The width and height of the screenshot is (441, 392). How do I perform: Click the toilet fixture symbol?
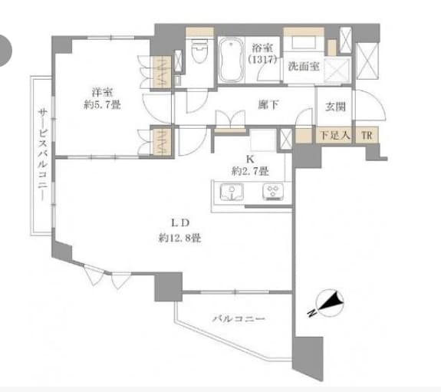[199, 51]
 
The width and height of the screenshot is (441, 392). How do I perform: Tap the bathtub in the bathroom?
[231, 60]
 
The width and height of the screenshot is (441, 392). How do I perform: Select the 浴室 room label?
[262, 48]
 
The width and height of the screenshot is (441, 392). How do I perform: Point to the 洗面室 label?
[304, 67]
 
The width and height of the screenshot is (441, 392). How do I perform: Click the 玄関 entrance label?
[335, 107]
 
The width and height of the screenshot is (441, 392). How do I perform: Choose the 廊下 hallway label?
[268, 104]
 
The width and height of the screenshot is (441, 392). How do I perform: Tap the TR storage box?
[367, 136]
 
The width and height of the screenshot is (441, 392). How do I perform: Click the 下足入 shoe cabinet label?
[334, 136]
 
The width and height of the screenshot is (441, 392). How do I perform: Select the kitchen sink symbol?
[232, 192]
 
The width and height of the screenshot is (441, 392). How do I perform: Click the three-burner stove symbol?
[273, 192]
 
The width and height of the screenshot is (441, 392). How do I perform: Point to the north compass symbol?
[329, 303]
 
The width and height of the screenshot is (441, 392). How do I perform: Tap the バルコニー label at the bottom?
[239, 319]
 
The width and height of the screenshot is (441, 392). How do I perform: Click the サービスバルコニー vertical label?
[42, 155]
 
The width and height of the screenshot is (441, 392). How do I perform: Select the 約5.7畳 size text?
[102, 105]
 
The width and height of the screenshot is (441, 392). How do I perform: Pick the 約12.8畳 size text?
[180, 239]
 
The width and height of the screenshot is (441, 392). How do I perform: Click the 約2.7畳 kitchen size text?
[250, 171]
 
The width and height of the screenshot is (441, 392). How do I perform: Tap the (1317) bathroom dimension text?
[262, 59]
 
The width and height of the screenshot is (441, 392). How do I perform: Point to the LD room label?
[180, 223]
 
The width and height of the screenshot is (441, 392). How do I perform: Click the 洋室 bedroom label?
[102, 92]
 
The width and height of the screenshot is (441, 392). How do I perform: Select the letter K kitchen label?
[250, 160]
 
